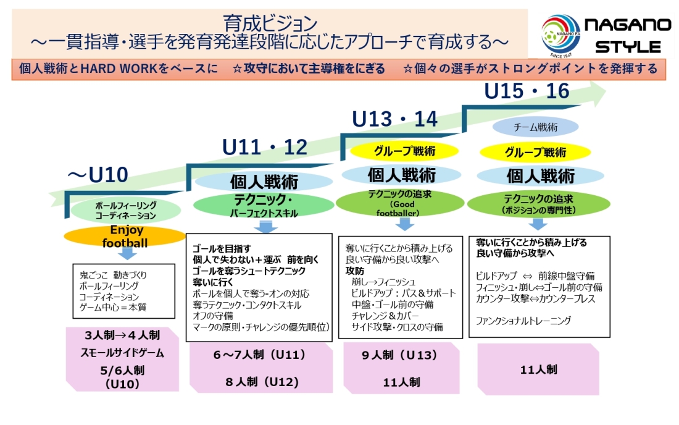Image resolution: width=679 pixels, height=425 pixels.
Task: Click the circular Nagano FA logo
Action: tap(560, 33)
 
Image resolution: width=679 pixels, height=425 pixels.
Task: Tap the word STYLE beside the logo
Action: tap(628, 47)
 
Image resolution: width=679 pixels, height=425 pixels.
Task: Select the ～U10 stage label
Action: tap(98, 175)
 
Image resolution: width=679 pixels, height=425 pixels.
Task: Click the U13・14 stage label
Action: tap(394, 119)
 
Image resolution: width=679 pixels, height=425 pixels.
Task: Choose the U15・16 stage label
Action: tap(527, 91)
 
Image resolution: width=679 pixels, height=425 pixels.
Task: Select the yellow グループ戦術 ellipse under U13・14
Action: tap(404, 151)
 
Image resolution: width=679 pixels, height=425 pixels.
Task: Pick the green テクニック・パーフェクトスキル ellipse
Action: tap(264, 206)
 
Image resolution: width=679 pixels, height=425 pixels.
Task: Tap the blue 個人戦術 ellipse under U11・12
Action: tap(264, 182)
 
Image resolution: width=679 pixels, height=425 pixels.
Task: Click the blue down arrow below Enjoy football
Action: tap(127, 253)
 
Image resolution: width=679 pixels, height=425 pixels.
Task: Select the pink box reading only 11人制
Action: tap(539, 369)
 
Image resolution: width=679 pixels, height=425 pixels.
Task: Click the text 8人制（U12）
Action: tap(262, 382)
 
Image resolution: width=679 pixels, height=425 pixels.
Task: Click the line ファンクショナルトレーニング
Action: tap(524, 321)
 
